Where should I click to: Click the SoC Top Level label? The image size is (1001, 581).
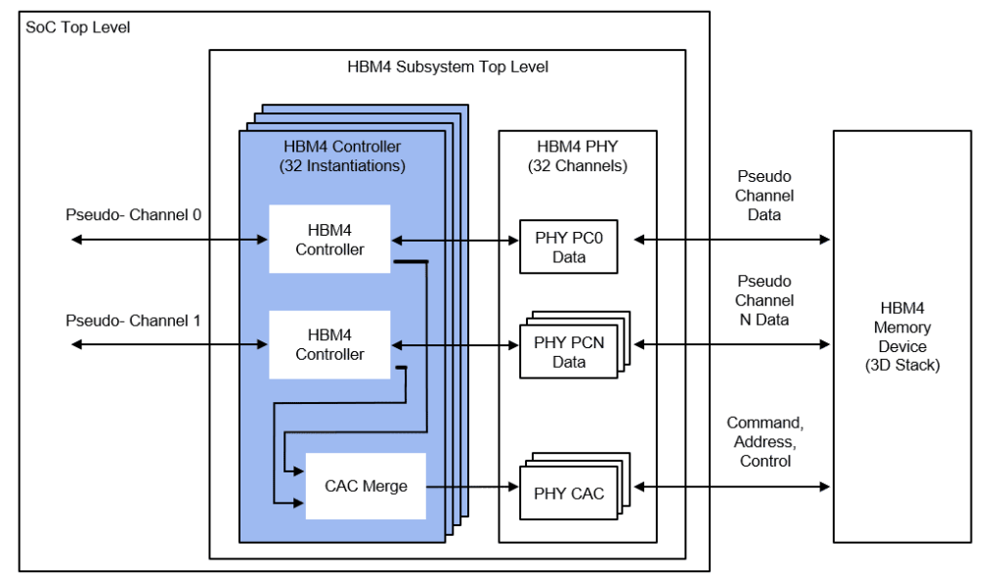click(78, 27)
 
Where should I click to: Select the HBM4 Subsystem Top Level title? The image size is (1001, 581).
click(448, 67)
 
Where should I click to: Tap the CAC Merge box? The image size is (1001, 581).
click(366, 486)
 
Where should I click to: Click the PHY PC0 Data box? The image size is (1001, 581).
click(568, 247)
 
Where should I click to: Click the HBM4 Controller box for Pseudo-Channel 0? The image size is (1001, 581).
click(329, 239)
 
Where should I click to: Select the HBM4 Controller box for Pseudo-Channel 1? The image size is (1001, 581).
click(329, 344)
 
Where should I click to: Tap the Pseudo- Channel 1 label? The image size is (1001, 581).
click(133, 321)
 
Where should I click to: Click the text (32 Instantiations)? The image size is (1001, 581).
click(342, 165)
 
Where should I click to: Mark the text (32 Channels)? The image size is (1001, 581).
click(577, 165)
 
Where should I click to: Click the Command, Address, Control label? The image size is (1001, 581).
click(765, 441)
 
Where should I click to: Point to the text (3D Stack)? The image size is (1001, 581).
click(902, 365)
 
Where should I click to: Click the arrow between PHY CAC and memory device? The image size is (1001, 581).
click(733, 486)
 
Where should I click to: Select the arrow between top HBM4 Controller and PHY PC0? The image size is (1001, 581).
click(455, 239)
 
